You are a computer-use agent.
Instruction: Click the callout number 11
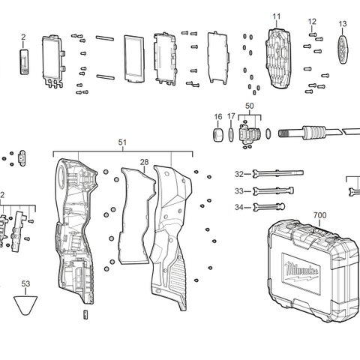(277, 16)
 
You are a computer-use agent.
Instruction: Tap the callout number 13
(343, 24)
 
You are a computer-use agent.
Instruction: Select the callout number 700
(319, 215)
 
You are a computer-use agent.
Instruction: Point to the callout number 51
(123, 142)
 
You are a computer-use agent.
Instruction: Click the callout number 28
(144, 162)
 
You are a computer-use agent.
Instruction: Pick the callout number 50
(250, 107)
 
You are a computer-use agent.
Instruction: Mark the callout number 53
(25, 284)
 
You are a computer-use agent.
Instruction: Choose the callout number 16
(218, 117)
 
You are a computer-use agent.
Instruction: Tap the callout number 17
(232, 117)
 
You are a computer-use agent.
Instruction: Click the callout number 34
(238, 207)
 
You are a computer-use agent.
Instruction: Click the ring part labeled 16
(218, 135)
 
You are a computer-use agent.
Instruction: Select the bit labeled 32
(270, 173)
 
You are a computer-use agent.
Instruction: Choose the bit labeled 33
(270, 190)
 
